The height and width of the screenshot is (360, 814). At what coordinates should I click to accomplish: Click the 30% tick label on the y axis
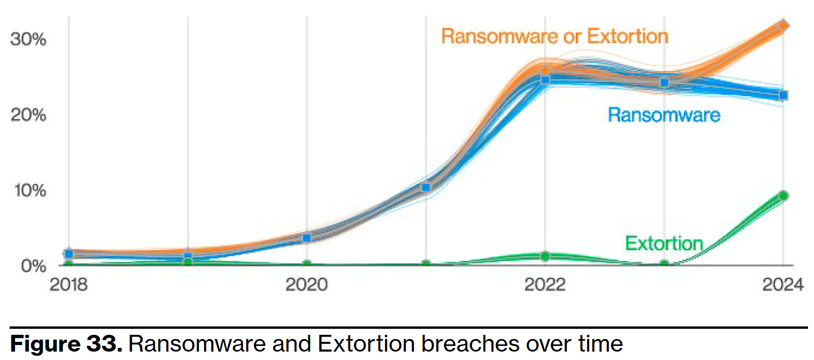coord(28,39)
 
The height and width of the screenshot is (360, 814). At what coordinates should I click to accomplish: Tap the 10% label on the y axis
coord(28,190)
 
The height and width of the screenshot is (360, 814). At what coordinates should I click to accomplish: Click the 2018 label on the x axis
coord(68,284)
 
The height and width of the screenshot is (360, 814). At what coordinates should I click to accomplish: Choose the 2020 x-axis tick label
coord(307,284)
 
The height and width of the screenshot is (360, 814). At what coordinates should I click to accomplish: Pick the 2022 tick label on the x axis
coord(545,284)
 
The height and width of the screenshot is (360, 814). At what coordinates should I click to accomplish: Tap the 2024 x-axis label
coord(782,284)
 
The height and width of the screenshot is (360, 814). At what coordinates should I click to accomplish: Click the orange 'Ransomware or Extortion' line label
coord(554,36)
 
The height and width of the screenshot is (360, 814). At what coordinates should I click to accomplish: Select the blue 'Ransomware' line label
coord(663,114)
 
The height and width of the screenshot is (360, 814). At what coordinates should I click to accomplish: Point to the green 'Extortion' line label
coord(663,243)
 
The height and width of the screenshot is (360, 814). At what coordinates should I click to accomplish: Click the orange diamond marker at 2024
coord(783,25)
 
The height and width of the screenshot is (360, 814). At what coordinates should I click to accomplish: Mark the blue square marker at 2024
coord(783,95)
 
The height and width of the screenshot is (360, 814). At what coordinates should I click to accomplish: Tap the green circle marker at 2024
coord(783,196)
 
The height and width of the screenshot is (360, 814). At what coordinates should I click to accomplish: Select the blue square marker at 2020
coord(307,238)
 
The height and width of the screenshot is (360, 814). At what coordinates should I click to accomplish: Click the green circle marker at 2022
coord(545,256)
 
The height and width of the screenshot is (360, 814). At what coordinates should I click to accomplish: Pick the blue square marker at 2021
coord(426,188)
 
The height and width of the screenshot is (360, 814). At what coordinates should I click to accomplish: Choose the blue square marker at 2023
coord(665,83)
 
